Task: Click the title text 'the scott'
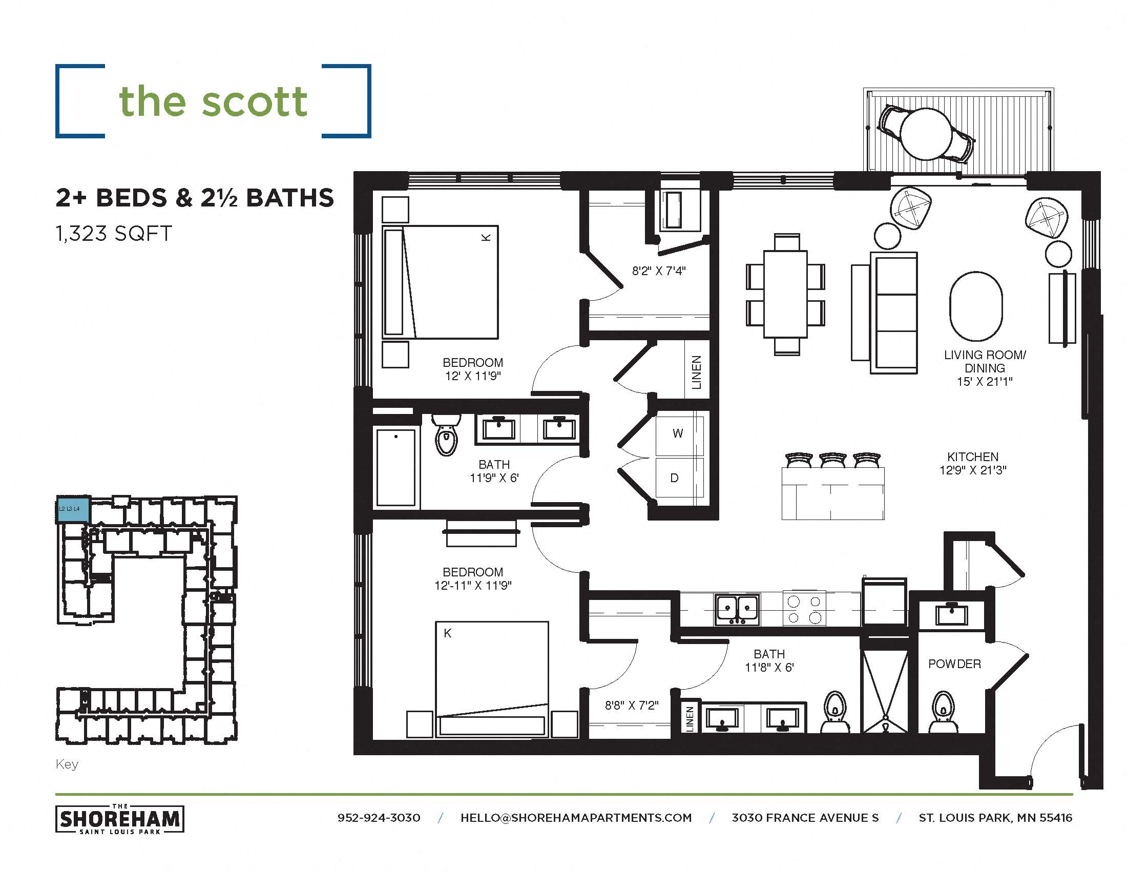tap(213, 101)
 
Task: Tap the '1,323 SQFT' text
tap(114, 234)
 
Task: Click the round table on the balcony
tap(926, 133)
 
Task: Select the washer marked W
tap(678, 433)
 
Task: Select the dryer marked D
tap(675, 478)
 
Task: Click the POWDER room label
tap(954, 664)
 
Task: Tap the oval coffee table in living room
tap(975, 306)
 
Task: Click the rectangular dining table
tap(785, 294)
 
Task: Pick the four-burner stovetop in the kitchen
tap(804, 609)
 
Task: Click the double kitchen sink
tap(736, 609)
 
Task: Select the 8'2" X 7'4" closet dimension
tap(658, 271)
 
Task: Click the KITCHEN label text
tap(972, 457)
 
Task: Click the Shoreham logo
tap(120, 819)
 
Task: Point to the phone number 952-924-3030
tap(379, 818)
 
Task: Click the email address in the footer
tap(576, 818)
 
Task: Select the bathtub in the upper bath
tap(396, 467)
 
